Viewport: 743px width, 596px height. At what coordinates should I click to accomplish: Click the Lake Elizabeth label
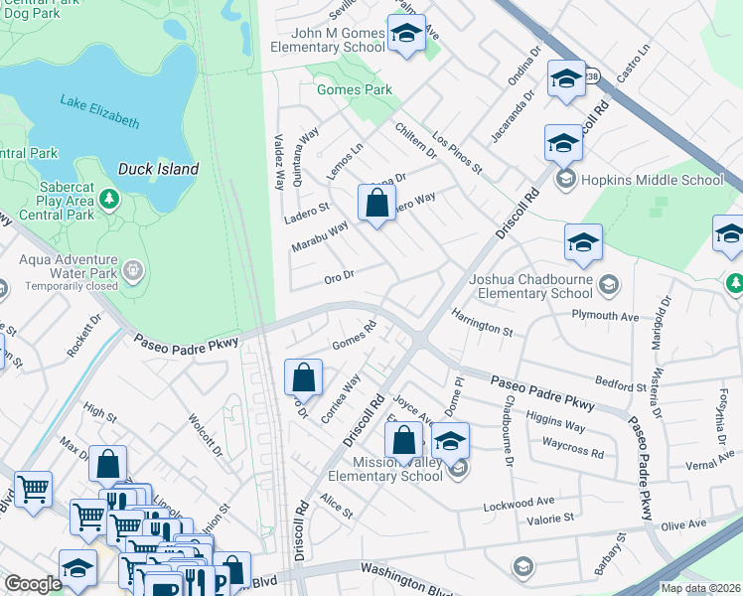click(x=99, y=110)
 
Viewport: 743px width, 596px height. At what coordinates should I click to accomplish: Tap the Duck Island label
click(x=158, y=169)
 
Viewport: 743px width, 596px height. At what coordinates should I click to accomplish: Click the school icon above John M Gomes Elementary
click(x=405, y=35)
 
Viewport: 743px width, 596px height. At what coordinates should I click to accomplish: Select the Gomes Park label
click(x=354, y=89)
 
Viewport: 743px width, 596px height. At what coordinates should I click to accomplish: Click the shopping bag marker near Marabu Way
click(x=377, y=204)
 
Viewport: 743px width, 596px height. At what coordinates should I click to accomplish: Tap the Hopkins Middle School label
click(x=652, y=180)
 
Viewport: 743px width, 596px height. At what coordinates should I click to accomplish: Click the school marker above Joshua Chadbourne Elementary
click(x=583, y=243)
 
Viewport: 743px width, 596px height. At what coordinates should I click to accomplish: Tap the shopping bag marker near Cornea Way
click(x=304, y=377)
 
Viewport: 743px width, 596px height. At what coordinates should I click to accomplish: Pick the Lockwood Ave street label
click(x=517, y=504)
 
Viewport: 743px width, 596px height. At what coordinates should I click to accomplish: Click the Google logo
click(x=33, y=584)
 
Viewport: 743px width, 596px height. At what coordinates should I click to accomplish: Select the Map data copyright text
click(x=700, y=588)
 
